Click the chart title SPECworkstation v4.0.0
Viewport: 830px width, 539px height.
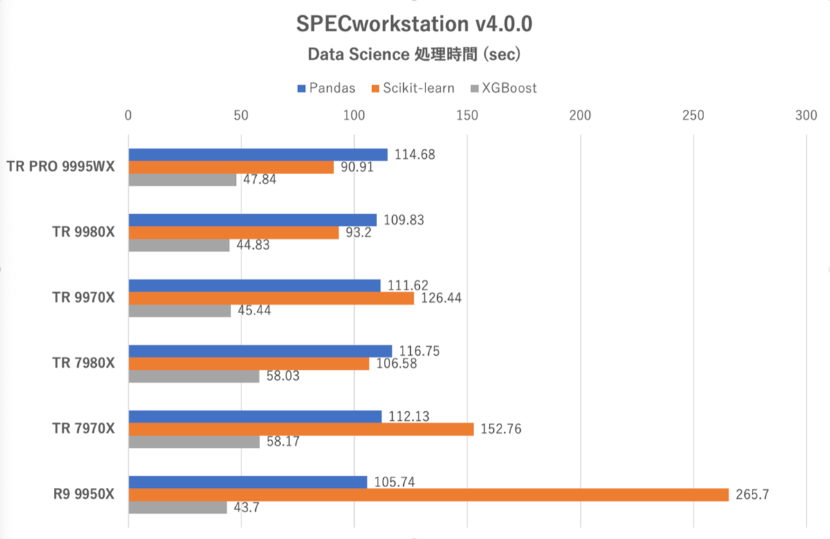coord(414,23)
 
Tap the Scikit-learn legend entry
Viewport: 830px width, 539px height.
coord(414,88)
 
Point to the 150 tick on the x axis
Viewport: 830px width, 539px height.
coord(467,115)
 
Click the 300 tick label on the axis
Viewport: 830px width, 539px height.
coord(806,115)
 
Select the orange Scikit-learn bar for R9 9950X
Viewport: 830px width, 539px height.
coord(428,495)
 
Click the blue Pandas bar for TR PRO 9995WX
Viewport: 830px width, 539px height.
coord(258,155)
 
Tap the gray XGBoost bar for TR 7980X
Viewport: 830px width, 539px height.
coord(194,377)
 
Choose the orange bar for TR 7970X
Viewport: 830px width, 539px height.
coord(301,429)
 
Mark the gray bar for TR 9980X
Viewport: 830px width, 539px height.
coord(179,245)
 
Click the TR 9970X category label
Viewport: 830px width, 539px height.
coord(83,298)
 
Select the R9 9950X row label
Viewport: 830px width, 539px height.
coord(84,495)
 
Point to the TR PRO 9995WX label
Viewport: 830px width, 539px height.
coord(61,167)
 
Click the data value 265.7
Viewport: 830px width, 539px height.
coord(750,495)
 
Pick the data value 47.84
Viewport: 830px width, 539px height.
coord(257,180)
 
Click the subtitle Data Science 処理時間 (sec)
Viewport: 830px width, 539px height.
coord(414,55)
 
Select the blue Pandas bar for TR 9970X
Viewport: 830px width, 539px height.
coord(255,285)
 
